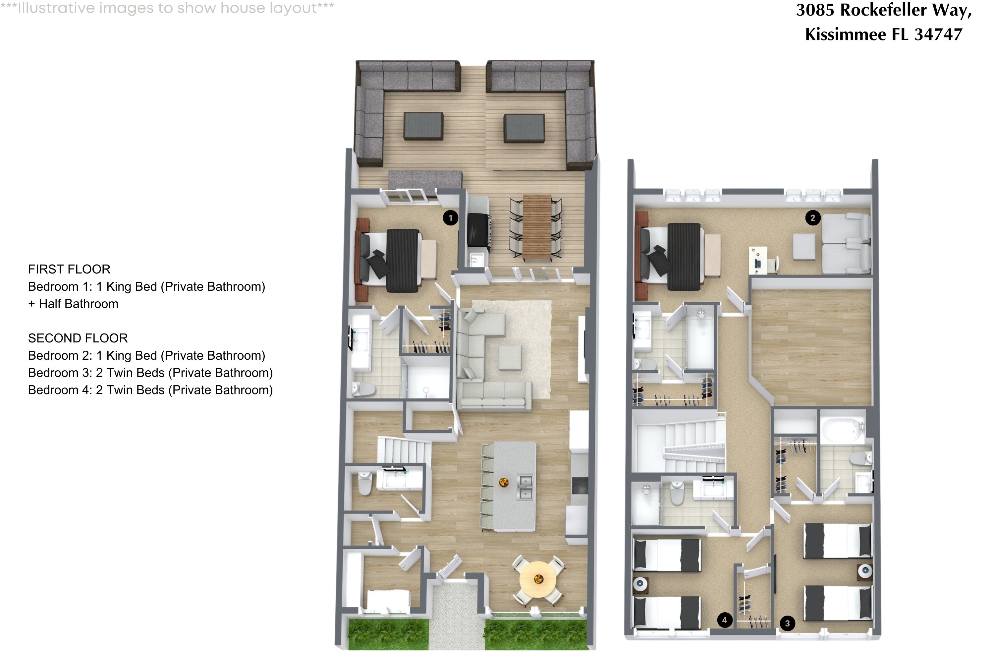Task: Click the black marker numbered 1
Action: click(x=451, y=218)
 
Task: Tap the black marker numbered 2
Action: click(x=812, y=218)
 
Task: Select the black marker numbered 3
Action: click(x=787, y=623)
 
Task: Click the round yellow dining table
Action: click(x=538, y=579)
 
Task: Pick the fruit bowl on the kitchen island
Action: click(x=503, y=482)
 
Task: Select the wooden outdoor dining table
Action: click(x=537, y=227)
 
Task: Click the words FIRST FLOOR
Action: click(x=69, y=269)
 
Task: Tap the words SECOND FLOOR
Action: click(x=78, y=338)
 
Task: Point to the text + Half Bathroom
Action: click(x=73, y=304)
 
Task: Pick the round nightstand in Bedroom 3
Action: click(x=865, y=571)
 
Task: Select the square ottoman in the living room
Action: click(x=510, y=358)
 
